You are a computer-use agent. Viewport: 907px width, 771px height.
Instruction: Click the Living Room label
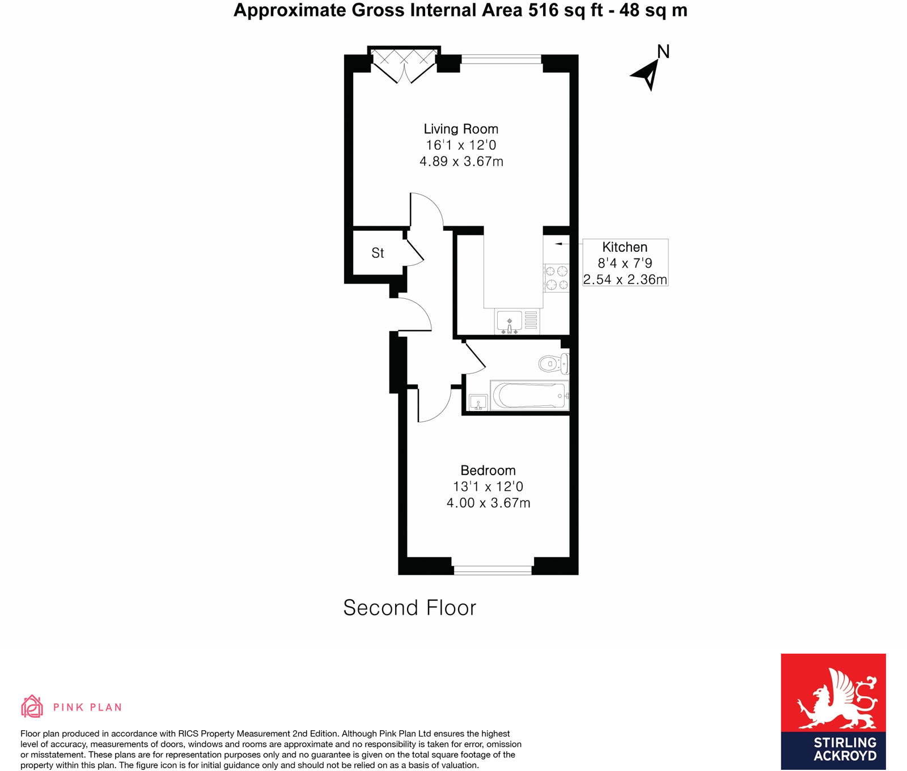tap(461, 129)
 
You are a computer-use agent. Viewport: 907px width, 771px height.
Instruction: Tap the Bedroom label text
tap(488, 471)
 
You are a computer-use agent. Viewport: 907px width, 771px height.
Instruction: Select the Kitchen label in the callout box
tap(625, 247)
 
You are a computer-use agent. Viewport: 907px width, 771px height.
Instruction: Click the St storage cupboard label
tap(378, 253)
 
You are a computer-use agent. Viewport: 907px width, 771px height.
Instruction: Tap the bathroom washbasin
tap(478, 403)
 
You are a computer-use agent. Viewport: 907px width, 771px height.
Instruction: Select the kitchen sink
tap(509, 321)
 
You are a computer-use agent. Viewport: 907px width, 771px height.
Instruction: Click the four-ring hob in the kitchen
tap(556, 278)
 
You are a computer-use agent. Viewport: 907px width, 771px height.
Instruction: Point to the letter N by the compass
tap(663, 52)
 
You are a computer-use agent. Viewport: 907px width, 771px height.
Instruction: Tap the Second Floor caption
tap(409, 608)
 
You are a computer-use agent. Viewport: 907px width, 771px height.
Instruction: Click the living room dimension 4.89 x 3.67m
tap(461, 162)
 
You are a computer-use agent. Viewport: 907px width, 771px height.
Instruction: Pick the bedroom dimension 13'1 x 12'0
tap(488, 486)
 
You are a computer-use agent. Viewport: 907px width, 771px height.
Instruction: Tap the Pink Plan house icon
tap(32, 706)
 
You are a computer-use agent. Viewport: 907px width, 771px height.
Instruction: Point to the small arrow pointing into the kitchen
tap(558, 244)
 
